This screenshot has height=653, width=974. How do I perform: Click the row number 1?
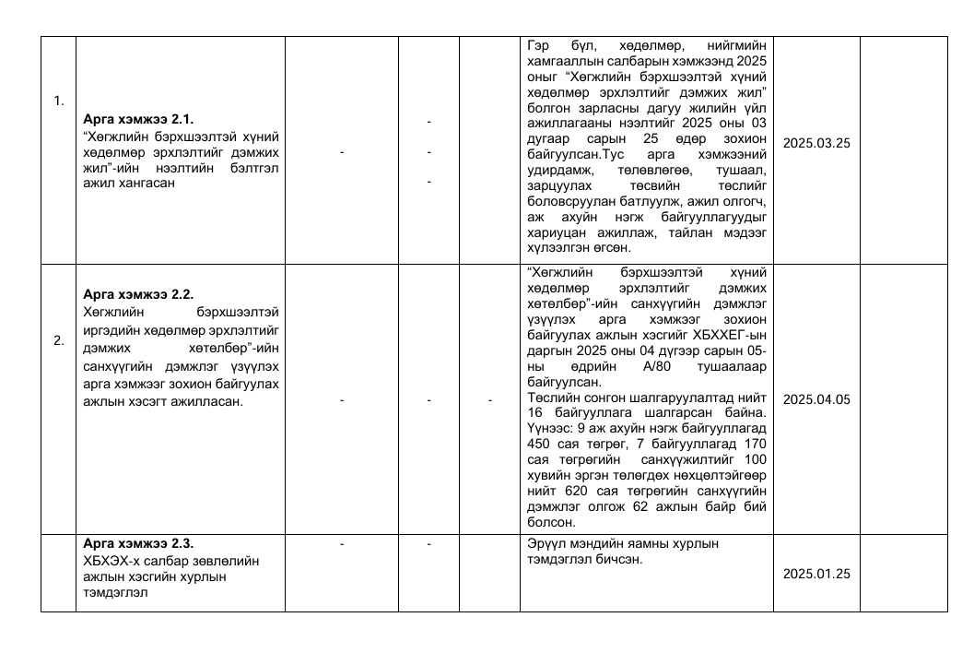pos(58,101)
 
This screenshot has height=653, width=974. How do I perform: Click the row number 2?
pos(58,340)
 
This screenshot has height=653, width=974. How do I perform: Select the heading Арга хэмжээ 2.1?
pos(138,120)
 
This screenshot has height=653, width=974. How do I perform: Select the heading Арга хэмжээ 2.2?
pos(138,294)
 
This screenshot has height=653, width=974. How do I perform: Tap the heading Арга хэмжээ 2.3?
pos(138,542)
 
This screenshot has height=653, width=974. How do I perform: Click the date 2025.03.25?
pos(816,143)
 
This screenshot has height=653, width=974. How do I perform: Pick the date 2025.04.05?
pos(816,399)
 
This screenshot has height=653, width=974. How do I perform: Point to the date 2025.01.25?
pos(816,574)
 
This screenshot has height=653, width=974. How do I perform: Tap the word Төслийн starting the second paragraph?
pos(551,398)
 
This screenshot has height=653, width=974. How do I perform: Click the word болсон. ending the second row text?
pos(551,522)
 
